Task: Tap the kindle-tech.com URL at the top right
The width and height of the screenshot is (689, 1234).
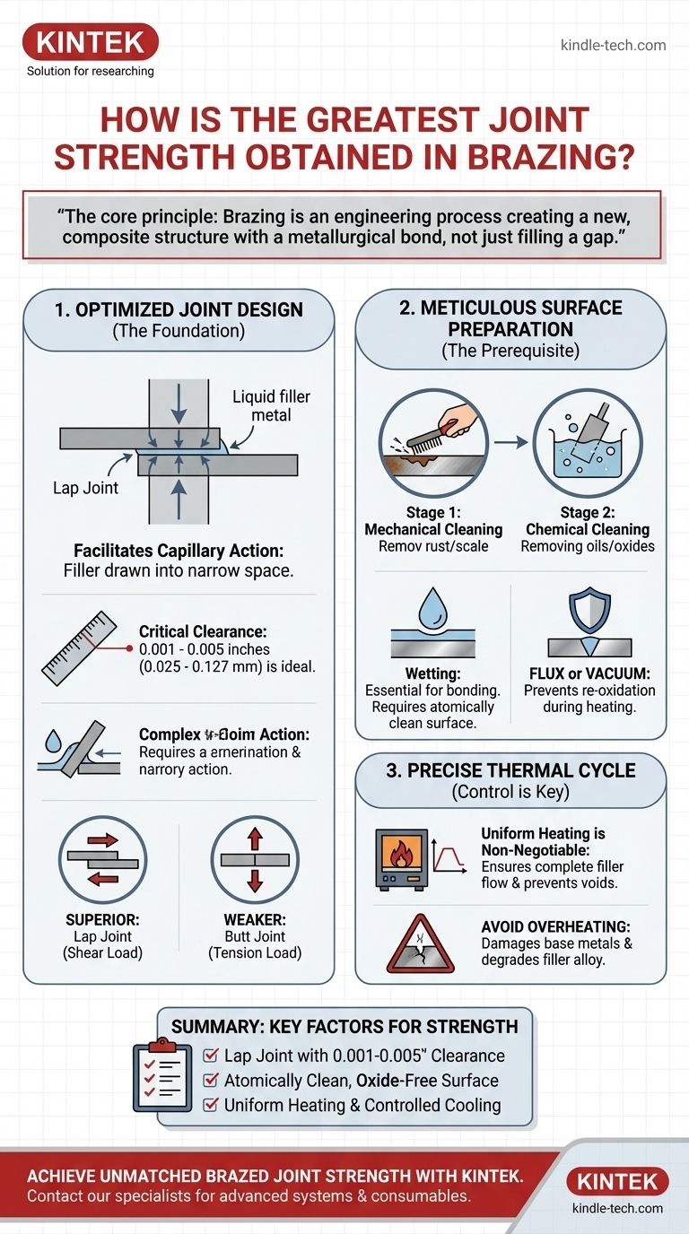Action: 613,45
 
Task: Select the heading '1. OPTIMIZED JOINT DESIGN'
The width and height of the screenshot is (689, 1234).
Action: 179,310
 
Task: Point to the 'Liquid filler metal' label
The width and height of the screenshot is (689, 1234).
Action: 271,405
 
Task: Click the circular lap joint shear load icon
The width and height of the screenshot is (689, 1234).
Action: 102,860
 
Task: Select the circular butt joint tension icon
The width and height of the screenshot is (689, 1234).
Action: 255,860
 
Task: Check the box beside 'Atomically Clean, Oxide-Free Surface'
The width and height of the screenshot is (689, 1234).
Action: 211,1081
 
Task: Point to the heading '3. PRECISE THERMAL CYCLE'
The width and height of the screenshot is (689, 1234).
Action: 510,771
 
